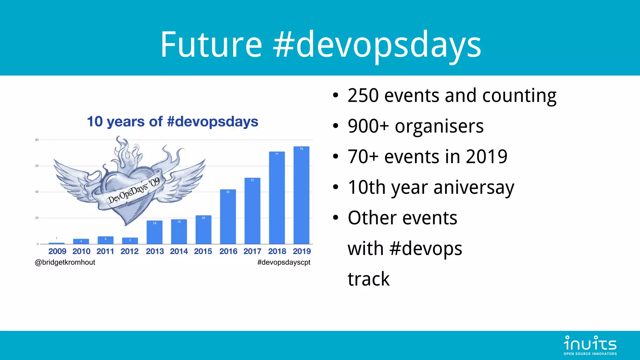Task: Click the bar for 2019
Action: click(301, 195)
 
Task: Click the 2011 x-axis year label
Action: click(105, 251)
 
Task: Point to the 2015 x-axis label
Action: click(203, 251)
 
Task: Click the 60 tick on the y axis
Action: click(37, 166)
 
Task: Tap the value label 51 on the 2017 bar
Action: click(252, 180)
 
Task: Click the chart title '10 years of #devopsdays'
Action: click(172, 122)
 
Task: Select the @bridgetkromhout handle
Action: click(65, 262)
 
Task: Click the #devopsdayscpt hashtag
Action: click(284, 262)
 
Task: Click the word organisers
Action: click(439, 126)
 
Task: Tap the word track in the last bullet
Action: click(368, 279)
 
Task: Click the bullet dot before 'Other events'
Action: click(336, 217)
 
